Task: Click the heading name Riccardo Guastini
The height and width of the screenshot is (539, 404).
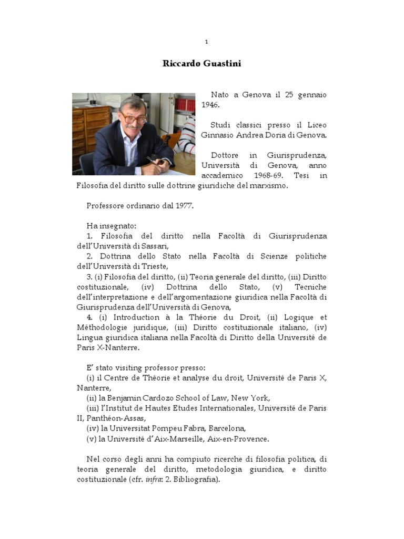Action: pos(201,64)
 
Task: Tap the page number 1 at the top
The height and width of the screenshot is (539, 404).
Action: pos(207,42)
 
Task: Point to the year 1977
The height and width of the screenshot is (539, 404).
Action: pos(184,205)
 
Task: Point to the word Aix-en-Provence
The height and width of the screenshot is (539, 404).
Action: pos(241,438)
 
